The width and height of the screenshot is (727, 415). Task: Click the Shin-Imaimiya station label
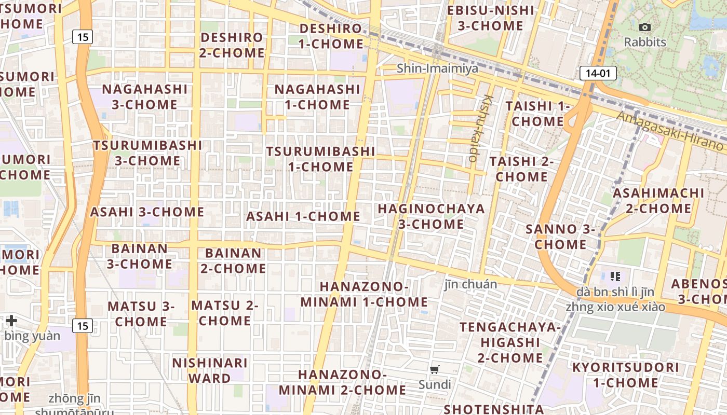[437, 68]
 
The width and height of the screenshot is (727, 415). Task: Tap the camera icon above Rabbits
[645, 27]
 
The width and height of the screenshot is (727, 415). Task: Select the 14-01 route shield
[598, 73]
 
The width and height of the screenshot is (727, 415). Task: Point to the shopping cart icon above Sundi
[435, 370]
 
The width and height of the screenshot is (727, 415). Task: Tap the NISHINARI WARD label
[210, 370]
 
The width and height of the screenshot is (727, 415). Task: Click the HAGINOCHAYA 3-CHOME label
[431, 216]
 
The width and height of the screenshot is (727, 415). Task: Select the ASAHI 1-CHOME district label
[303, 216]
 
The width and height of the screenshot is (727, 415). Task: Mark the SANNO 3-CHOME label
[560, 237]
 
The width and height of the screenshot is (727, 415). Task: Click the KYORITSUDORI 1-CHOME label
[625, 375]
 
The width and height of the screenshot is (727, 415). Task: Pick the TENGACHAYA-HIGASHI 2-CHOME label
[510, 342]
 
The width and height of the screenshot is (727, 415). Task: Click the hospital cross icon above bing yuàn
[11, 321]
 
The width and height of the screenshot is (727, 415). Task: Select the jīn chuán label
[470, 284]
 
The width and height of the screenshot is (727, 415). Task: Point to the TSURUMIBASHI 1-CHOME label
[320, 159]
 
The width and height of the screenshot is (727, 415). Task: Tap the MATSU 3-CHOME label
[141, 314]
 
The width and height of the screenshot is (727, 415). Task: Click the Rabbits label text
[645, 42]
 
